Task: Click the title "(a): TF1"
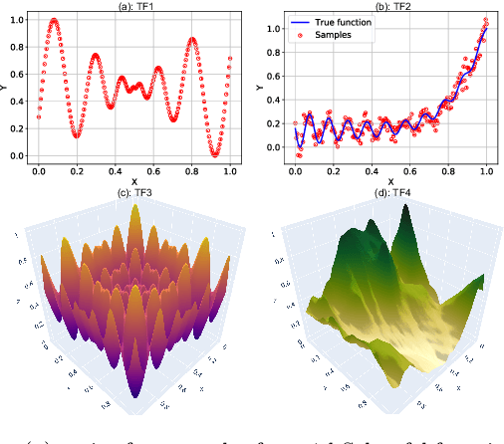pyautogui.click(x=133, y=6)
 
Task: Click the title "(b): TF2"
pyautogui.click(x=388, y=6)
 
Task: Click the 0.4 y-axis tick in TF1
pyautogui.click(x=17, y=102)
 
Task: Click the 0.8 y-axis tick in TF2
pyautogui.click(x=274, y=51)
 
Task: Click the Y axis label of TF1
pyautogui.click(x=6, y=87)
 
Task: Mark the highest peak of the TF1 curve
pyautogui.click(x=54, y=20)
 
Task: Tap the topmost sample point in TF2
pyautogui.click(x=486, y=18)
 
